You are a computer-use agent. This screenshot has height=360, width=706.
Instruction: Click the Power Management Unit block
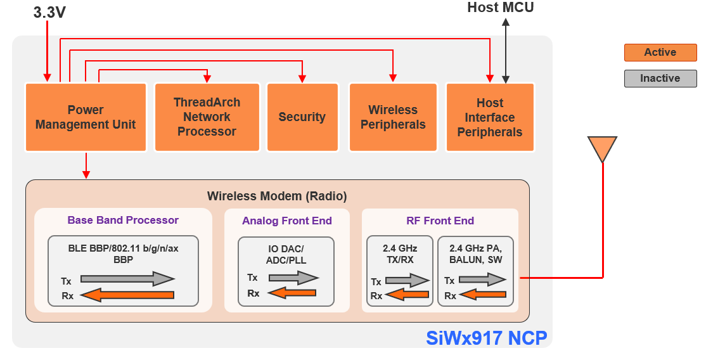[x=86, y=117]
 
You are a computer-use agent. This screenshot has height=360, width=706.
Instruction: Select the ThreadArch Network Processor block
[x=207, y=117]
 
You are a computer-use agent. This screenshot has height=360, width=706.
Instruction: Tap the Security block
[x=302, y=117]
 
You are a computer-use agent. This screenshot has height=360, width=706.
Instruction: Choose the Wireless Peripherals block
[x=393, y=117]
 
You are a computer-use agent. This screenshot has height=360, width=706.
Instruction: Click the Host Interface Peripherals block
[x=490, y=117]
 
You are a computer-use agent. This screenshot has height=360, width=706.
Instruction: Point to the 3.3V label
[x=49, y=12]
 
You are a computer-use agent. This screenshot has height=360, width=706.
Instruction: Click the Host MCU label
[x=500, y=8]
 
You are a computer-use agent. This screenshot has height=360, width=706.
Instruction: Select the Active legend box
[x=660, y=53]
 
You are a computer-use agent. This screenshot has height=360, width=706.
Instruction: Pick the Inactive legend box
[x=660, y=79]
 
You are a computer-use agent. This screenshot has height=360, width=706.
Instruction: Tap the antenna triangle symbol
[x=602, y=148]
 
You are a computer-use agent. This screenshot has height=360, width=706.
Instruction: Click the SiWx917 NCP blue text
[x=486, y=338]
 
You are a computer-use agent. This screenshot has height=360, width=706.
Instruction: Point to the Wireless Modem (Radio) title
[x=277, y=196]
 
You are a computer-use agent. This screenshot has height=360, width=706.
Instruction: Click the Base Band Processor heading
[x=123, y=221]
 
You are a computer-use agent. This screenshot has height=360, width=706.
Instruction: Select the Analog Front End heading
[x=286, y=221]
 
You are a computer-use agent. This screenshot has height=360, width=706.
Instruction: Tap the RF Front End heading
[x=440, y=221]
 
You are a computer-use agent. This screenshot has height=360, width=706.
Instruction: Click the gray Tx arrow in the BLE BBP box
[x=127, y=279]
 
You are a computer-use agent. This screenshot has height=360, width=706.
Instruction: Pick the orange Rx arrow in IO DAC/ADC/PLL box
[x=292, y=293]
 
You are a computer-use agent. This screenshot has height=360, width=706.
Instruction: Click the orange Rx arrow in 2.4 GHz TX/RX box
[x=408, y=295]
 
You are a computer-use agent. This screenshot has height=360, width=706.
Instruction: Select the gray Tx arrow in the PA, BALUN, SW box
[x=482, y=280]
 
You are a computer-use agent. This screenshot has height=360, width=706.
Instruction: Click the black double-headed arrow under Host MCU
[x=506, y=51]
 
